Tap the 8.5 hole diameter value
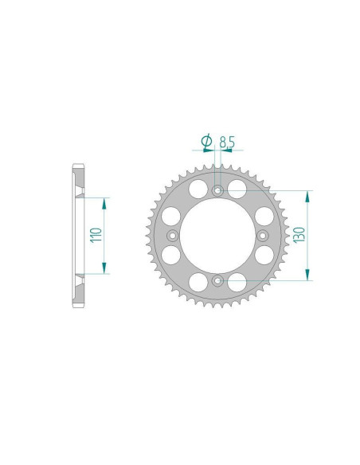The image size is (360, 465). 228,143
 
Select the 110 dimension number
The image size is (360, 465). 96,235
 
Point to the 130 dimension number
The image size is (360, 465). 299,235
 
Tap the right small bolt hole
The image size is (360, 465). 262,235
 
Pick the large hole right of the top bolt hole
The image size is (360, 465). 237,187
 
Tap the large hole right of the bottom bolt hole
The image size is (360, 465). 237,282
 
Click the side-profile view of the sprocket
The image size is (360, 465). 78,235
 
